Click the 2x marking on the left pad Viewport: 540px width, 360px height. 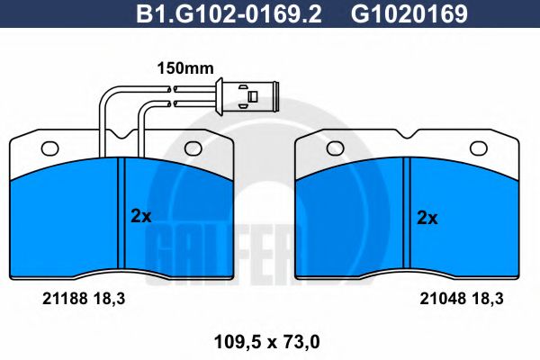[141, 215]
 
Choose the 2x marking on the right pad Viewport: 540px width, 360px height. [427, 217]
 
